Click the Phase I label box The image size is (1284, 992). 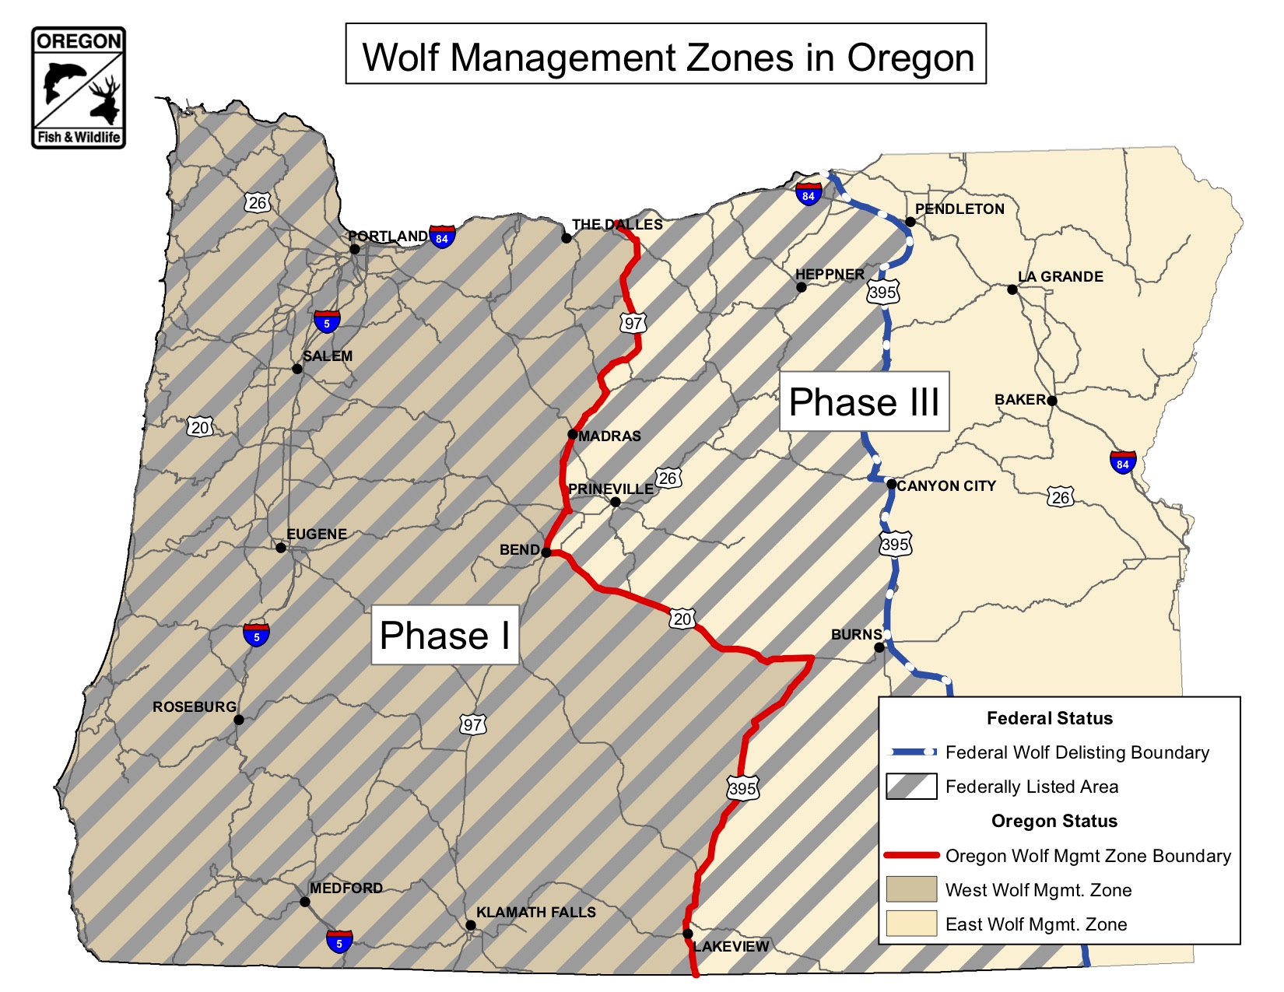444,635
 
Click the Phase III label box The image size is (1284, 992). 864,401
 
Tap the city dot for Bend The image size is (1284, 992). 546,552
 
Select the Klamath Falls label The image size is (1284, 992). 535,912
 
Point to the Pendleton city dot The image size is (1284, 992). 910,222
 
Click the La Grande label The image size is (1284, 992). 1060,277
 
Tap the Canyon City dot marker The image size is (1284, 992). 892,484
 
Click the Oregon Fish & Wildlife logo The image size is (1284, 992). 79,88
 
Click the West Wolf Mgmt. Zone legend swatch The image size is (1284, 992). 911,889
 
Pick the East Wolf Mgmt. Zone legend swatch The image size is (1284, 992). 911,924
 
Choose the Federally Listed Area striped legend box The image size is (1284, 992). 911,787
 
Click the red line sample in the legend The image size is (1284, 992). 911,855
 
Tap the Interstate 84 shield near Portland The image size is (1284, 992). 442,237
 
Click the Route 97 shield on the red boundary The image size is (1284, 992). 633,323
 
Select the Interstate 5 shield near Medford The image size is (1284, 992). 339,942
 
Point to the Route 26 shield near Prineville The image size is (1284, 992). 668,478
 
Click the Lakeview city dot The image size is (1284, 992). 688,934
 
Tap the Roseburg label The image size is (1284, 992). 194,706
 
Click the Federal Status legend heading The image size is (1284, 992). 1049,718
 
